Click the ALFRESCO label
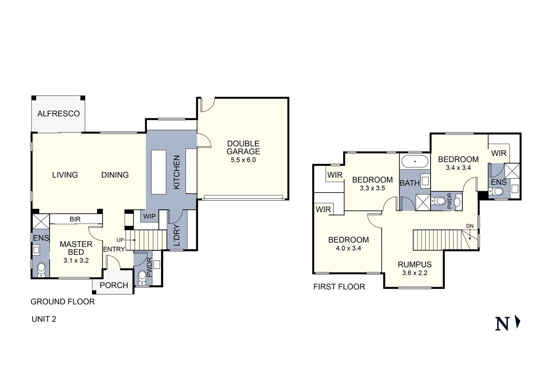tap(59, 114)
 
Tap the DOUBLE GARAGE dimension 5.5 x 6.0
tap(243, 160)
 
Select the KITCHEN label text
tap(177, 172)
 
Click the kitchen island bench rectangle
tap(158, 173)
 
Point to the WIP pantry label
tap(149, 217)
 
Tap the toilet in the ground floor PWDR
tap(142, 277)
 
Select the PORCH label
tap(114, 285)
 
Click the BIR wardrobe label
tap(75, 219)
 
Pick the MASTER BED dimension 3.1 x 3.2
tap(76, 260)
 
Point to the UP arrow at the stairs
tap(125, 240)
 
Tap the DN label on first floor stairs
tap(470, 226)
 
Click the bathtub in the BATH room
tap(415, 161)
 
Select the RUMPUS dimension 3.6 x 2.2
tap(415, 273)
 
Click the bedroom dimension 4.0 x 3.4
tap(348, 248)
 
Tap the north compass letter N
tap(502, 324)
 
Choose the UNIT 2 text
tap(44, 319)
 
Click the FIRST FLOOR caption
tap(339, 287)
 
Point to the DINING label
tap(115, 175)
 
